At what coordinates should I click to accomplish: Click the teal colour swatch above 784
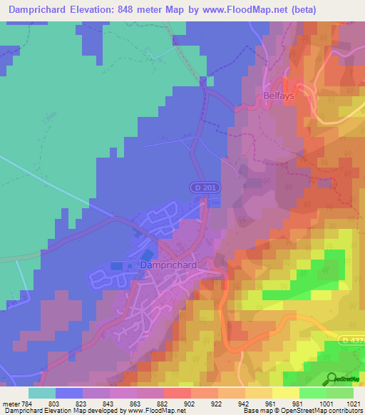(x=42, y=393)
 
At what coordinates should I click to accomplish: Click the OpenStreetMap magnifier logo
(x=329, y=379)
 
